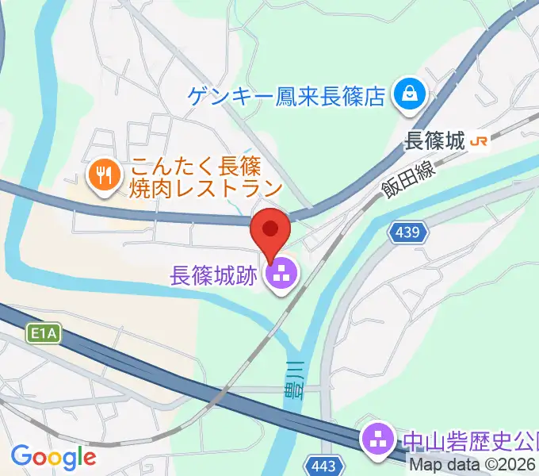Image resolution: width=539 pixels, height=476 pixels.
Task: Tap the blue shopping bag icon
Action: point(411,96)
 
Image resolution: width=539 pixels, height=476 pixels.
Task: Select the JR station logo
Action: point(479,141)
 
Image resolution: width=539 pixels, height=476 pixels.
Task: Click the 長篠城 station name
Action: point(434,141)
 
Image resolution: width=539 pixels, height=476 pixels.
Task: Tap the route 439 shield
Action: point(408,233)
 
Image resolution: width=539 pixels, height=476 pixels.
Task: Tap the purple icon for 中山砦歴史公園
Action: point(374,438)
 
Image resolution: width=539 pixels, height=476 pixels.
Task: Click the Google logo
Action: point(53,456)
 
